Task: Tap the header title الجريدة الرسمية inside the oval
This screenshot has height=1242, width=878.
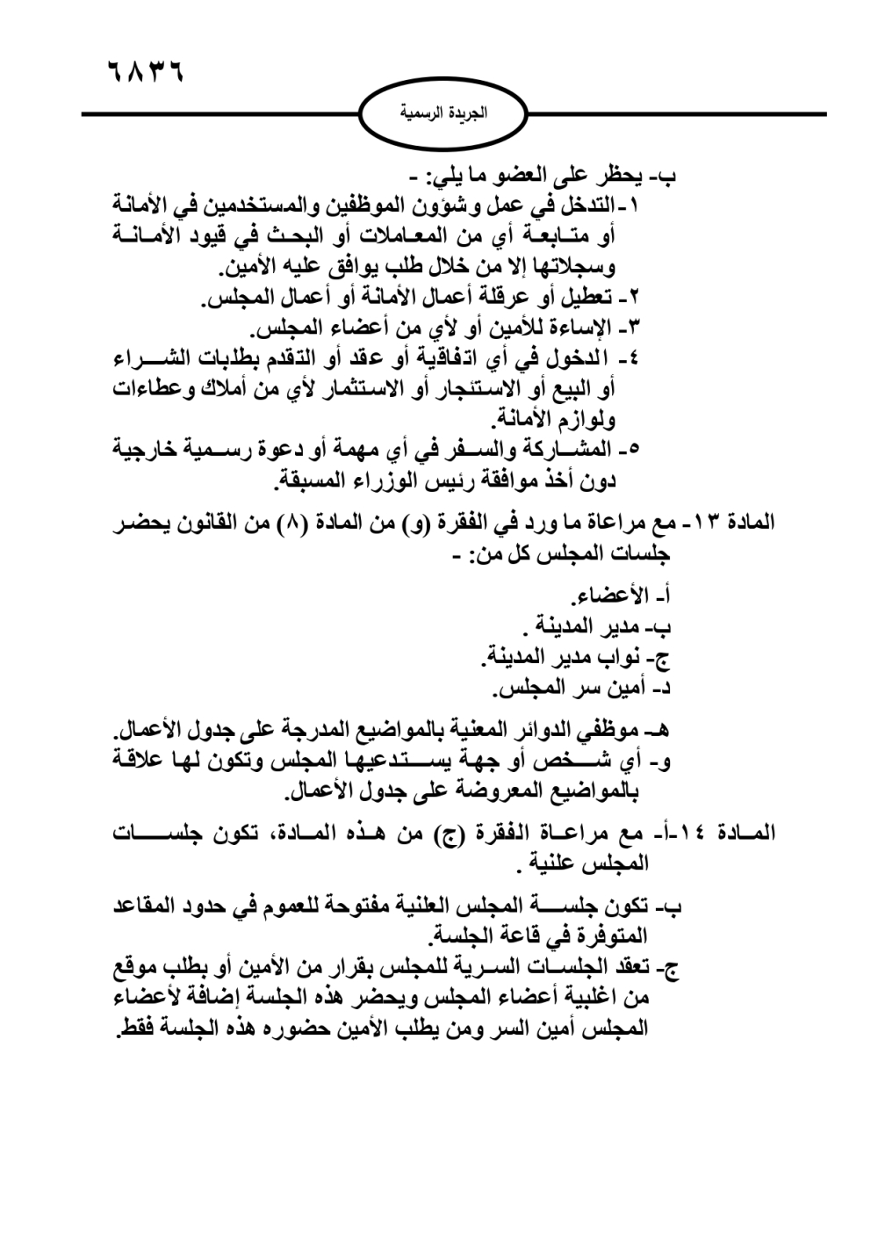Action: point(443,113)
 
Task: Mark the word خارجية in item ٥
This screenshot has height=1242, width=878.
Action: point(153,449)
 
